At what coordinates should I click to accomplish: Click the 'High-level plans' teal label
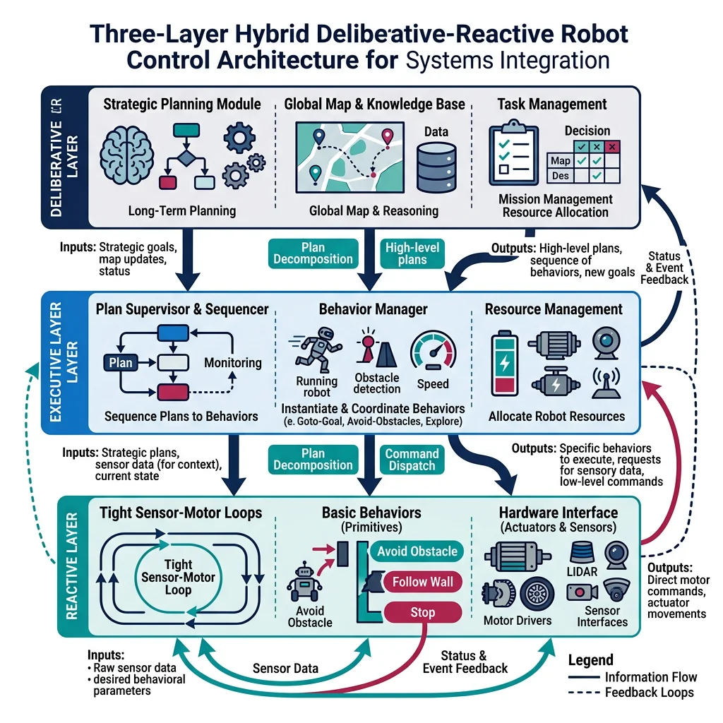[412, 253]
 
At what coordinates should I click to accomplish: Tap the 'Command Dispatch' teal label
[412, 460]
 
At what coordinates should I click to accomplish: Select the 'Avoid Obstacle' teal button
[417, 551]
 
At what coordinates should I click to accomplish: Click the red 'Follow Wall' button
[423, 582]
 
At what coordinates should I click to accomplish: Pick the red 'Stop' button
[422, 612]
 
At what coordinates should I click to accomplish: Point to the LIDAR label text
[581, 570]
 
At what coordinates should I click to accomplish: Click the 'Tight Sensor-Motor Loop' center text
[178, 577]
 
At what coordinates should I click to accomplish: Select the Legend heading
[590, 660]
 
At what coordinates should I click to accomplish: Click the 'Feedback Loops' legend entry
[650, 693]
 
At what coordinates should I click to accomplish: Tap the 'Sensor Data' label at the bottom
[285, 668]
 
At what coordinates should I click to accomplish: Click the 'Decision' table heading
[587, 131]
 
